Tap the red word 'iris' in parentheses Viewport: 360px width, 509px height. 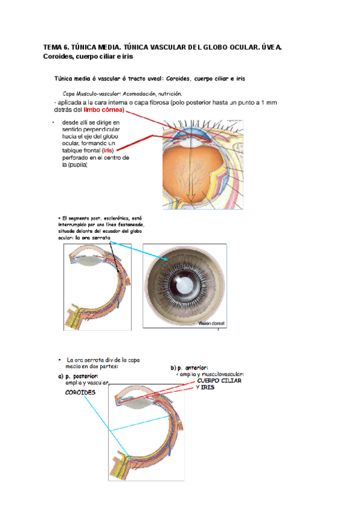tap(108, 151)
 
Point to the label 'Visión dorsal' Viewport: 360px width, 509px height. tap(211, 324)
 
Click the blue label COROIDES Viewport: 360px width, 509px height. tap(80, 393)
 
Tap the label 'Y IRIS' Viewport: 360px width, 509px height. tap(205, 388)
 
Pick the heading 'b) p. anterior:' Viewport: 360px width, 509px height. tap(189, 367)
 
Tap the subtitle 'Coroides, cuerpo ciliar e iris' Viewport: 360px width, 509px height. tap(88, 56)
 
